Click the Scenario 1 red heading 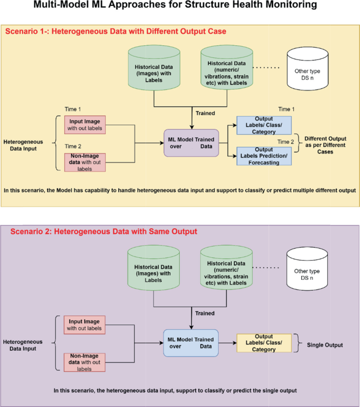tap(116, 32)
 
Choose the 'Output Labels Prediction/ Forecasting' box tap(263, 156)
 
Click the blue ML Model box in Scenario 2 tap(190, 343)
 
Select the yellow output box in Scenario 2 tap(264, 343)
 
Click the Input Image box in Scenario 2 tap(85, 325)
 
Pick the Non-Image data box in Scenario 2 tap(85, 362)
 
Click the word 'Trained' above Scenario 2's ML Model tap(205, 313)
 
